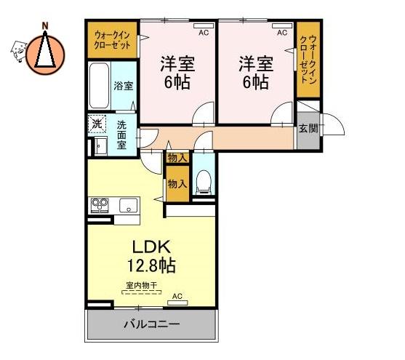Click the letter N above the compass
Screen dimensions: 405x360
pyautogui.click(x=45, y=26)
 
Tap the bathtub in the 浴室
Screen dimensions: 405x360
pyautogui.click(x=99, y=86)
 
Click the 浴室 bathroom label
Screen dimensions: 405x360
pyautogui.click(x=123, y=86)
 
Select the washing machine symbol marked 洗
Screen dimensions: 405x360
pyautogui.click(x=97, y=124)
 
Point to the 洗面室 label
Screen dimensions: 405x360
pyautogui.click(x=121, y=135)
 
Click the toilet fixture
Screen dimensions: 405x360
pyautogui.click(x=204, y=181)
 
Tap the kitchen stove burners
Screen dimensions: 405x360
pyautogui.click(x=100, y=205)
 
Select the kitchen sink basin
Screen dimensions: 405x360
pyautogui.click(x=129, y=206)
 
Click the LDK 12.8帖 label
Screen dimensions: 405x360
pyautogui.click(x=152, y=256)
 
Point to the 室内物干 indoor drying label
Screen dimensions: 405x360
pyautogui.click(x=142, y=286)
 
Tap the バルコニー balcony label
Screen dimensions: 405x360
pyautogui.click(x=152, y=324)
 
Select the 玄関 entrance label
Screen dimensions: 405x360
pyautogui.click(x=308, y=128)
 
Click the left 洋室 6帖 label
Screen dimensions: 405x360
pyautogui.click(x=177, y=72)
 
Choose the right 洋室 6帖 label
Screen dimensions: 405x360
pyautogui.click(x=256, y=72)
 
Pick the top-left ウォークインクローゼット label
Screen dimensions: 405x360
pyautogui.click(x=113, y=41)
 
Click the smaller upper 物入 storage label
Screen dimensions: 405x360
pyautogui.click(x=177, y=158)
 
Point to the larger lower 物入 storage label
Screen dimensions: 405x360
pyautogui.click(x=177, y=184)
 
